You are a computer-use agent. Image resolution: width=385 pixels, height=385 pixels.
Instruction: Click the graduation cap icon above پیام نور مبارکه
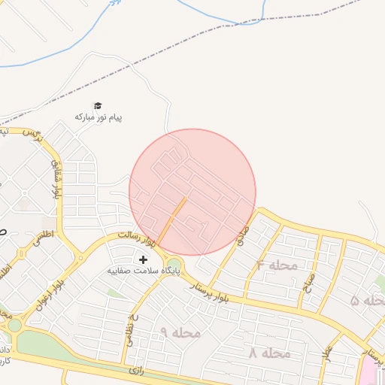click(x=97, y=106)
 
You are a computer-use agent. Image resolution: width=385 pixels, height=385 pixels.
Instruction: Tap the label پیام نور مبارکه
click(x=98, y=118)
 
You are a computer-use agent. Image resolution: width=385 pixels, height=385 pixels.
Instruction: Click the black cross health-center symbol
click(x=144, y=259)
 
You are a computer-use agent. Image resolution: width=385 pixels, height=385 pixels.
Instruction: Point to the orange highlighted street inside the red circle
click(x=171, y=219)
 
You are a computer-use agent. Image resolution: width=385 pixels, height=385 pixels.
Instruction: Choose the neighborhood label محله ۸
click(x=269, y=353)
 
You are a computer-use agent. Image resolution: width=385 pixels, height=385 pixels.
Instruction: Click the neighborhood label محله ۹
click(x=180, y=332)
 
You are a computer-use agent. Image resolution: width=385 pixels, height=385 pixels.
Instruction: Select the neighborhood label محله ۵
click(x=368, y=301)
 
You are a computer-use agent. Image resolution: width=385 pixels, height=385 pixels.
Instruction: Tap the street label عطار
click(x=328, y=353)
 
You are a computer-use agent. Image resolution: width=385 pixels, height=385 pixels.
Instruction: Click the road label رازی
click(x=136, y=370)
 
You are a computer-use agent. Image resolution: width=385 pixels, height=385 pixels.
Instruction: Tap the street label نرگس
click(x=32, y=135)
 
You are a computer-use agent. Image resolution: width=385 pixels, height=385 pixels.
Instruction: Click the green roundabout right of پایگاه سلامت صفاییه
click(x=174, y=264)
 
